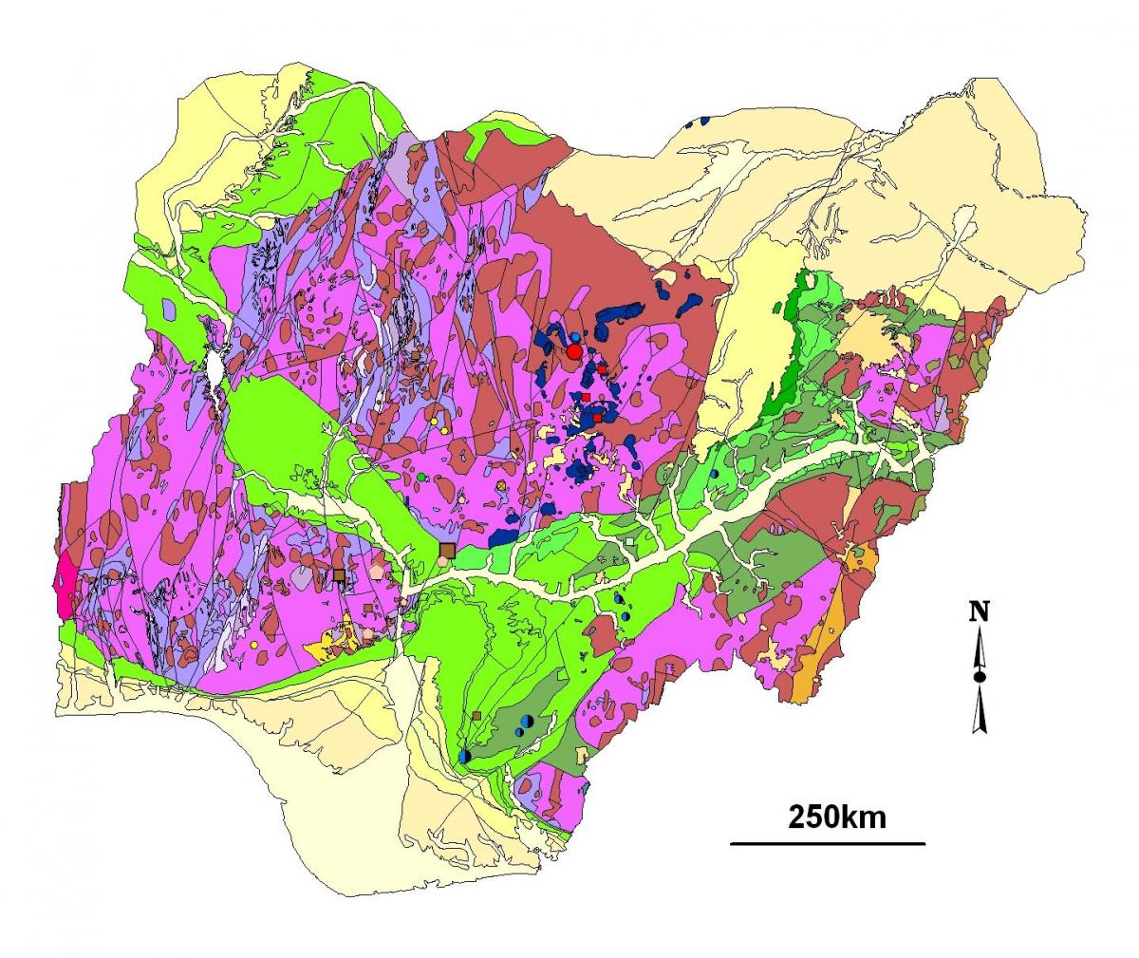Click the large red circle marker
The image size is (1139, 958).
tap(574, 351)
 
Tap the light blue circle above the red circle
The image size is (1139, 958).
tap(575, 338)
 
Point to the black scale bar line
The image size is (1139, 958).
tap(827, 842)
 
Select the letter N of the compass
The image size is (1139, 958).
tap(979, 611)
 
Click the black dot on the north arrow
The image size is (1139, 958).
tap(979, 676)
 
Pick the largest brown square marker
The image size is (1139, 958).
tap(447, 550)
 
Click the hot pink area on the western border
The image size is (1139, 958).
tap(66, 579)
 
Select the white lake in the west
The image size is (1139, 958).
tap(216, 368)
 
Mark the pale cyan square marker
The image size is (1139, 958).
tap(630, 541)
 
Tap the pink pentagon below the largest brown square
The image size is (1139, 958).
tap(442, 562)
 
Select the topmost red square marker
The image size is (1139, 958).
tap(602, 369)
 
